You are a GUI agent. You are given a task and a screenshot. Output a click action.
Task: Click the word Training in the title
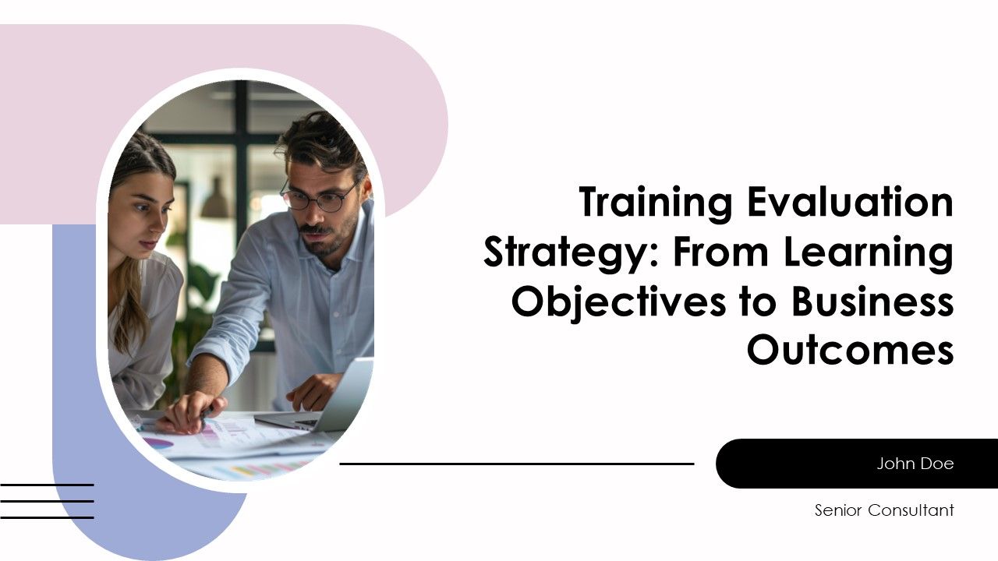click(x=656, y=203)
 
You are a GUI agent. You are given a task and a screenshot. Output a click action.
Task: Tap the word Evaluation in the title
click(x=850, y=203)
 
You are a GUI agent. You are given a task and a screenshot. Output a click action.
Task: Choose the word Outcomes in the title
click(x=850, y=351)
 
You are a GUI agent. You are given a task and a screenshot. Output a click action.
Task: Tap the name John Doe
click(x=915, y=464)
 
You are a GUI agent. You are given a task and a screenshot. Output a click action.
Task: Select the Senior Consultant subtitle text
click(x=883, y=511)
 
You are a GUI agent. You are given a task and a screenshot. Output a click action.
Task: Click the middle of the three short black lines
click(x=47, y=501)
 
